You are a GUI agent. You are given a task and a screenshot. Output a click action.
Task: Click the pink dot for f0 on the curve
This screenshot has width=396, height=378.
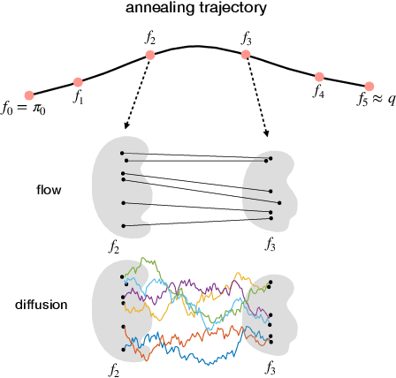click(x=29, y=95)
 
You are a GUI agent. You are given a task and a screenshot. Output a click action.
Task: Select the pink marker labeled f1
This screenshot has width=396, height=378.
click(x=79, y=82)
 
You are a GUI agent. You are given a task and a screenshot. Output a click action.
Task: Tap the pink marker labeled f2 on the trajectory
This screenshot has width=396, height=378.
click(x=150, y=55)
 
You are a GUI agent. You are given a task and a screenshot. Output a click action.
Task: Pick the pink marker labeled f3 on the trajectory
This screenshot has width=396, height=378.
click(x=247, y=55)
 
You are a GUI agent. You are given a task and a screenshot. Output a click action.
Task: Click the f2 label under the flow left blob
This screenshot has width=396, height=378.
click(x=113, y=246)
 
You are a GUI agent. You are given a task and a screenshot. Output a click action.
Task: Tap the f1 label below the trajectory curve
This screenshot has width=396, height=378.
click(x=79, y=97)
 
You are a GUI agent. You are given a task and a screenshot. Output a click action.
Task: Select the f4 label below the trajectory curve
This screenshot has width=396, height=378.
click(x=319, y=92)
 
